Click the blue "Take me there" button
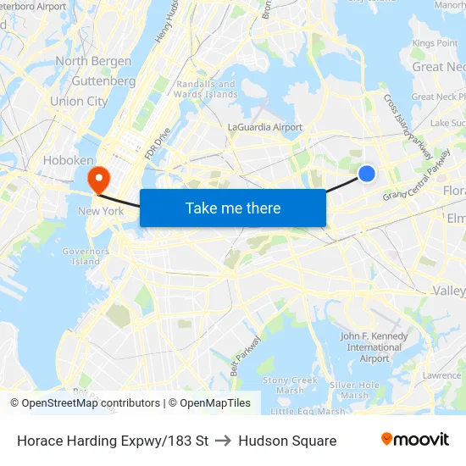pyautogui.click(x=233, y=208)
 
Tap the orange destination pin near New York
pyautogui.click(x=99, y=178)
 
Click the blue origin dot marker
pyautogui.click(x=366, y=173)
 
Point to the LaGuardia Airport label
pyautogui.click(x=265, y=127)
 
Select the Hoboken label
pyautogui.click(x=69, y=160)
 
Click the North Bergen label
pyautogui.click(x=93, y=61)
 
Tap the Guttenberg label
pyautogui.click(x=103, y=81)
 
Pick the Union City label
pyautogui.click(x=79, y=101)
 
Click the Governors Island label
pyautogui.click(x=86, y=256)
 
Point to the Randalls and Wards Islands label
pyautogui.click(x=204, y=89)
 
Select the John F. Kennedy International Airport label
pyautogui.click(x=374, y=347)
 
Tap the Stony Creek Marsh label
pyautogui.click(x=290, y=385)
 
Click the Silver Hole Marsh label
pyautogui.click(x=354, y=390)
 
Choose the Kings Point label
pyautogui.click(x=435, y=43)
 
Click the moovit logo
pyautogui.click(x=414, y=439)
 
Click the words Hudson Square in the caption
pyautogui.click(x=287, y=441)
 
